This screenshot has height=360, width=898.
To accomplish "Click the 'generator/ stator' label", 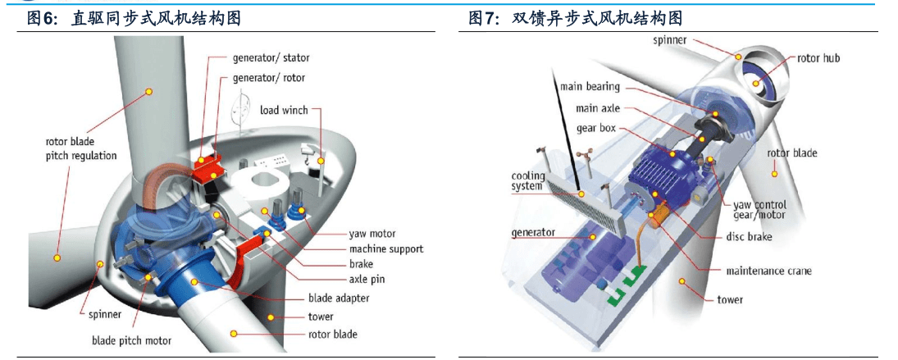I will (x=271, y=58).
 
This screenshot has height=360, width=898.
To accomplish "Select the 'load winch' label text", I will (x=284, y=110).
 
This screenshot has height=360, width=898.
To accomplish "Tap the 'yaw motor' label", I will (x=372, y=234).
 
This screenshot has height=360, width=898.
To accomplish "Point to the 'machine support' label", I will (x=386, y=248).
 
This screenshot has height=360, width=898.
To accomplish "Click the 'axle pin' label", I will (x=367, y=280).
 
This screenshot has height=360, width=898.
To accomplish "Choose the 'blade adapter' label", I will (x=339, y=298).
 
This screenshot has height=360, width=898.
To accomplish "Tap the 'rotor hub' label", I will (x=818, y=58).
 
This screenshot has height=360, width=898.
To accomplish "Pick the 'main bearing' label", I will (x=590, y=87).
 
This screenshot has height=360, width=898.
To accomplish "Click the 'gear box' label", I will (x=596, y=128).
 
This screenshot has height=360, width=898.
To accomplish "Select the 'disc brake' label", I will (x=749, y=237).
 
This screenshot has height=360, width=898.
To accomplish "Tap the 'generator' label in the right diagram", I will (x=533, y=233).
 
